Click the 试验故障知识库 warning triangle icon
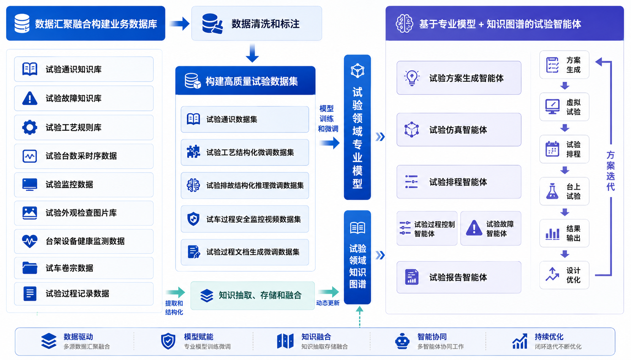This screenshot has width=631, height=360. (x=30, y=98)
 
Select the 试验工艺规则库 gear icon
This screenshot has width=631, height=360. (x=30, y=127)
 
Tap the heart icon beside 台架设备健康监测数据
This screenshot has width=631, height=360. (x=30, y=241)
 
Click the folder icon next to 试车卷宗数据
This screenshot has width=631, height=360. (x=30, y=268)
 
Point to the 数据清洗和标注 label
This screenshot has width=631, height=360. (x=266, y=24)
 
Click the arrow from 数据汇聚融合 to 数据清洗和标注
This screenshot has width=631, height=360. (x=179, y=24)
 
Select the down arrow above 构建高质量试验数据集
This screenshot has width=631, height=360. (x=252, y=53)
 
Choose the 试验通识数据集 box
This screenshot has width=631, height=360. (x=245, y=119)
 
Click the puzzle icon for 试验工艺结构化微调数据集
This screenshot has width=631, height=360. (x=193, y=152)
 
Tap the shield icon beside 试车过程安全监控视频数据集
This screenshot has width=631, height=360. (x=193, y=219)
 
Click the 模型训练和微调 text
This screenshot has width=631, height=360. (x=327, y=119)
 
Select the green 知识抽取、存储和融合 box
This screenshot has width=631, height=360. (x=252, y=295)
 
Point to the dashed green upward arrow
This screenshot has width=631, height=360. (x=359, y=317)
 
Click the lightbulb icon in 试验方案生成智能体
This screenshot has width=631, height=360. (x=411, y=78)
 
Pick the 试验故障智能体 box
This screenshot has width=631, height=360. (x=491, y=228)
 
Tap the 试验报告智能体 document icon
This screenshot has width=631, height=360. (x=411, y=277)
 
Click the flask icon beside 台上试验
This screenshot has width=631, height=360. (x=552, y=191)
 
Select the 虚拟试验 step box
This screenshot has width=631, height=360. (x=564, y=107)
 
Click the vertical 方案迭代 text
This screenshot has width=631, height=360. (x=610, y=171)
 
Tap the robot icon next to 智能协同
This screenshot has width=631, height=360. (x=402, y=341)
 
